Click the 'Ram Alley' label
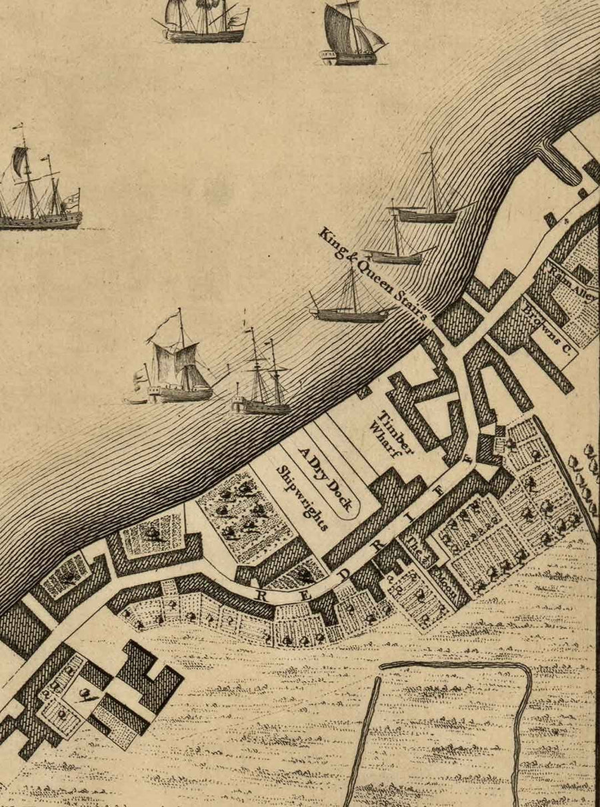point(572,283)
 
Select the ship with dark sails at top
point(352,35)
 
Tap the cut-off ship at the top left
point(203,20)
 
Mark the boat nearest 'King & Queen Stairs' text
point(350,300)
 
